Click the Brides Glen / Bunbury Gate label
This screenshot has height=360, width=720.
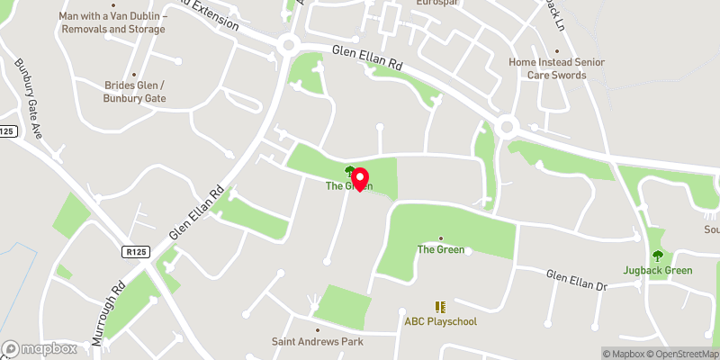coord(135,91)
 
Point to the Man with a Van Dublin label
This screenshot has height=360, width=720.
coord(112,22)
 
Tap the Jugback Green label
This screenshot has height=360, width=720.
coord(657,270)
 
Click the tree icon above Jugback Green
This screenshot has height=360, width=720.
coord(657,256)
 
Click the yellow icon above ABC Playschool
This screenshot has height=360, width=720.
coord(440,307)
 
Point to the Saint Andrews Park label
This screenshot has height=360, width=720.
coord(316,342)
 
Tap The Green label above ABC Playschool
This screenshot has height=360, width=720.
coord(440,249)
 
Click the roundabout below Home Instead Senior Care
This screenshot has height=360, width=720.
coord(507,125)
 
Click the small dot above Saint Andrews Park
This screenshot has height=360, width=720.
coord(316,330)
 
